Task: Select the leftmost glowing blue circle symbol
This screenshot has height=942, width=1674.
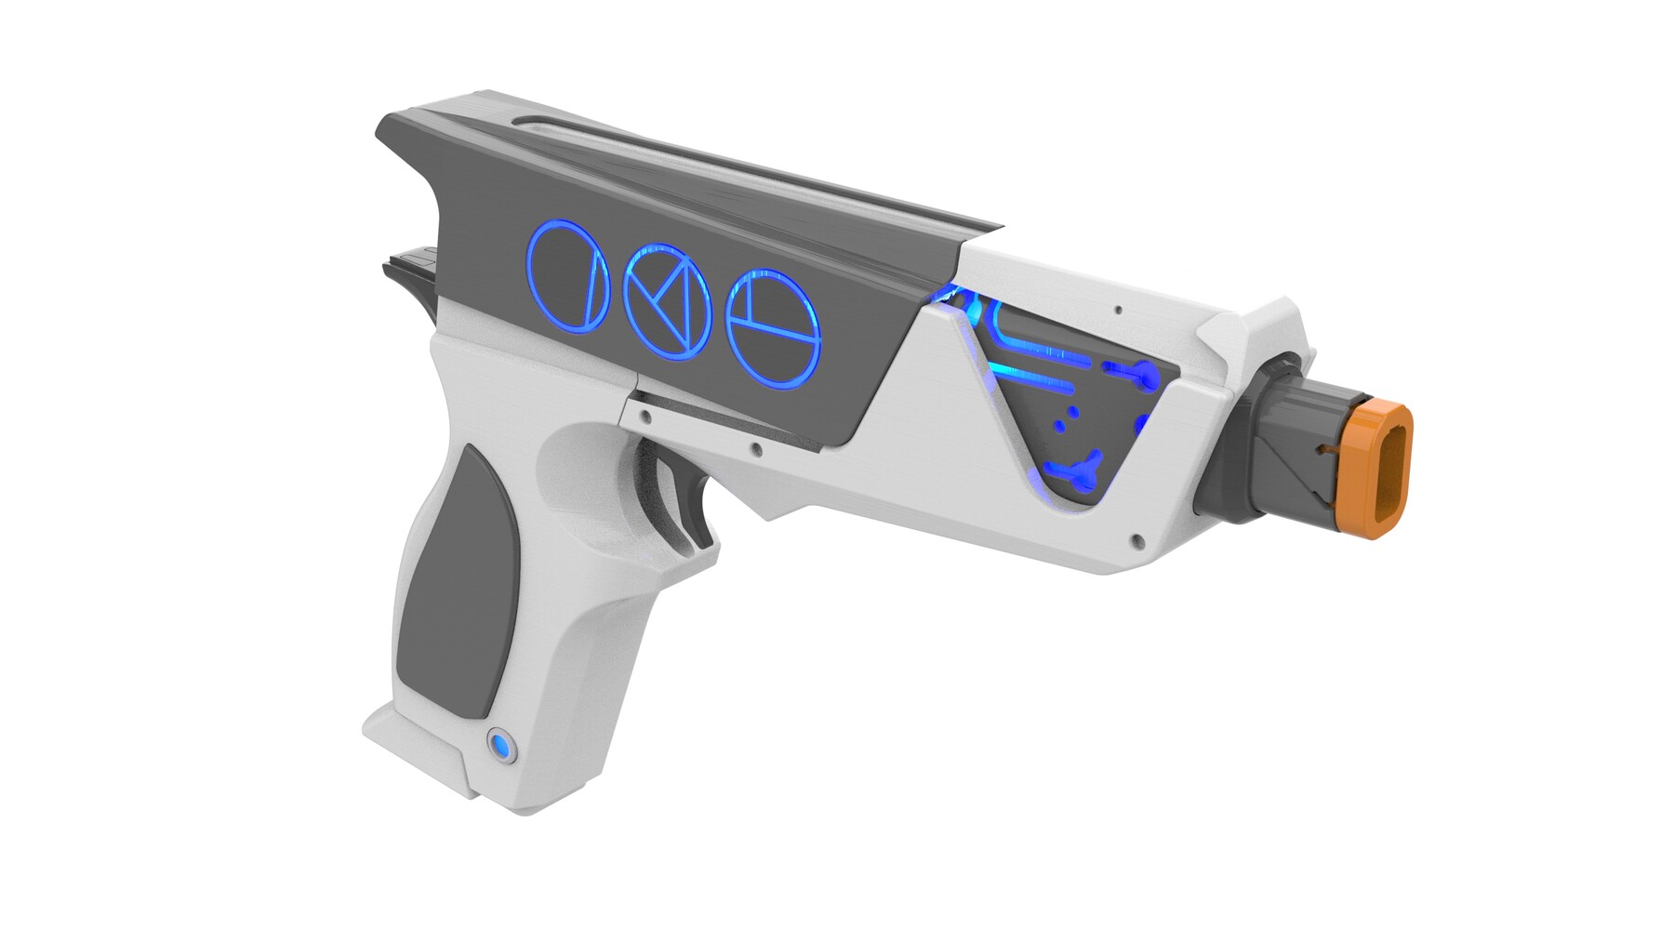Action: coord(567,276)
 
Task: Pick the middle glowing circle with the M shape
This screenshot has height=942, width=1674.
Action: coord(668,302)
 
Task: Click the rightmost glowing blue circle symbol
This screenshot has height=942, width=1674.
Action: coord(773,328)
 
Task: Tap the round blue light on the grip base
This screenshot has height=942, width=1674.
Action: coord(501,746)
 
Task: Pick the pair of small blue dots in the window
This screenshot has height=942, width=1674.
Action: coord(1066,418)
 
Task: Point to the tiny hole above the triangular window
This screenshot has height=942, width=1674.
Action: coord(1119,310)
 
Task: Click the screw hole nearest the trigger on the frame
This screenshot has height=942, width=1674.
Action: coord(756,451)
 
